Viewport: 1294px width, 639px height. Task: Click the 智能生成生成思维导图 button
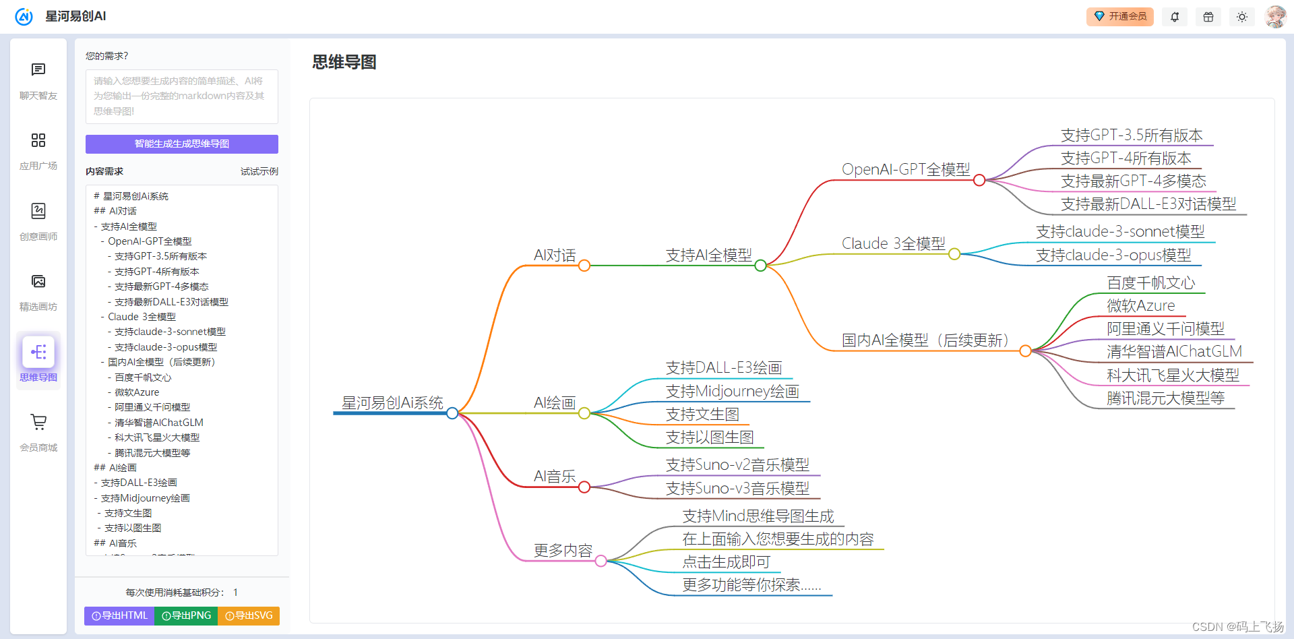[181, 144]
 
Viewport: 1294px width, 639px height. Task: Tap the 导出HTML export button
[119, 615]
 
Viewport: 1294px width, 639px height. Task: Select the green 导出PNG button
[186, 615]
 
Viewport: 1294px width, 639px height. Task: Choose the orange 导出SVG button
[249, 615]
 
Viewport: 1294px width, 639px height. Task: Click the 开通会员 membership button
[1119, 16]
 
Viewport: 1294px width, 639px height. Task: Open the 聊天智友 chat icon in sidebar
[38, 70]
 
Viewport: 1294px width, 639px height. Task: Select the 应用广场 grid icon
[38, 140]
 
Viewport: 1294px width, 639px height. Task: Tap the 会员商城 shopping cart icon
[38, 423]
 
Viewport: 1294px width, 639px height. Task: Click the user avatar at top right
[1275, 16]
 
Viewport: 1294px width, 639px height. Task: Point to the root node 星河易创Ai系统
[392, 403]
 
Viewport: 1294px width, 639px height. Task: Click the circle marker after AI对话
[584, 266]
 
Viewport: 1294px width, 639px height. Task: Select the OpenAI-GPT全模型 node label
[906, 169]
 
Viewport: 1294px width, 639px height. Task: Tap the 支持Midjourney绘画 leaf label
[732, 392]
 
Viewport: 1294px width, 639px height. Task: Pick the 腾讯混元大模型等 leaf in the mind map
[1165, 398]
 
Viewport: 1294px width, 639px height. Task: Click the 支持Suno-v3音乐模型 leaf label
[737, 488]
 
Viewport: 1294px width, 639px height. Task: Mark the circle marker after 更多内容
[600, 561]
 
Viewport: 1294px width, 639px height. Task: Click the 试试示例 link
[259, 171]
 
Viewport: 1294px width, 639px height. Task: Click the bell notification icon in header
[1175, 17]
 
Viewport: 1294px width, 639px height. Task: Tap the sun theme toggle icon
[1242, 17]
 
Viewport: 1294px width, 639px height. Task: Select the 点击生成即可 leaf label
[726, 562]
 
